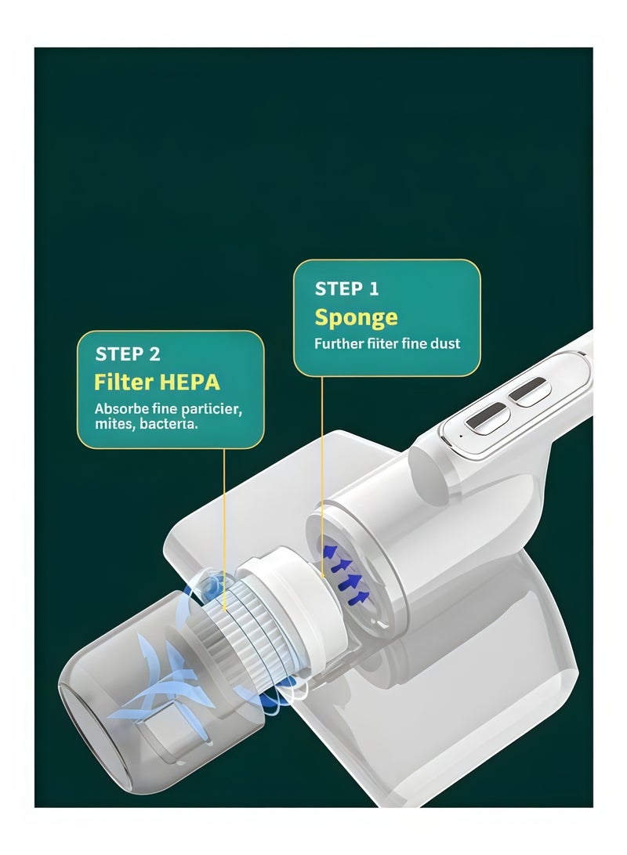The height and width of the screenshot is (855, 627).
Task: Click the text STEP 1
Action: [346, 288]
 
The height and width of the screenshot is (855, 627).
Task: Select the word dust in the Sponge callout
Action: [444, 343]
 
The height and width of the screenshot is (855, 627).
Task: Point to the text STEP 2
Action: [128, 354]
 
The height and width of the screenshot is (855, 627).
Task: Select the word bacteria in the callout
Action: [169, 423]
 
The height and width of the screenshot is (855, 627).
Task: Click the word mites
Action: [115, 423]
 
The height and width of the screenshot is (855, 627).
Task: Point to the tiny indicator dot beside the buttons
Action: [461, 436]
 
